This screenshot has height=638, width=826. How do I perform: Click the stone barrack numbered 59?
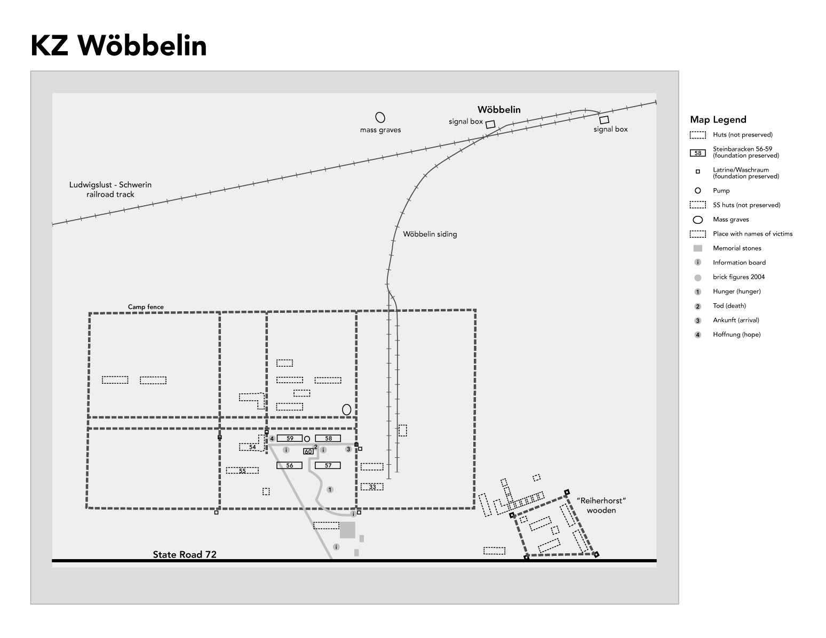(x=290, y=439)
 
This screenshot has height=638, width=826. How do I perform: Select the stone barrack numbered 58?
(x=328, y=439)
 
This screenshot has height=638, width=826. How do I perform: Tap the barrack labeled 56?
(x=290, y=465)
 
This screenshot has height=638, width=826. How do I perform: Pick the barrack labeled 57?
(x=328, y=465)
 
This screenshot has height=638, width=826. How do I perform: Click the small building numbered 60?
(x=308, y=451)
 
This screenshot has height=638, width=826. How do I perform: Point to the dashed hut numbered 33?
(x=372, y=487)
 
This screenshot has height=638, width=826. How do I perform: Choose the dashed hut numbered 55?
(x=242, y=471)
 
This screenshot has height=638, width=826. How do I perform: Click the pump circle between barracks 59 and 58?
(x=307, y=439)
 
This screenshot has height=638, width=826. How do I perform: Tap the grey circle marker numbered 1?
(x=330, y=490)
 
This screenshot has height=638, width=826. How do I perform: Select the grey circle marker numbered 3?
(x=348, y=449)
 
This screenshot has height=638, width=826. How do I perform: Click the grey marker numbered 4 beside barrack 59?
(x=272, y=439)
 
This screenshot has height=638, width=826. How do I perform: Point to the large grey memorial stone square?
(x=347, y=530)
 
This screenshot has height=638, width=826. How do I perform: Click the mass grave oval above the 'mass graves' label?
(x=380, y=117)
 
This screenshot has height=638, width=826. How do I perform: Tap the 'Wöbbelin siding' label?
(x=430, y=234)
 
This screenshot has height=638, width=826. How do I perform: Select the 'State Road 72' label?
(x=185, y=554)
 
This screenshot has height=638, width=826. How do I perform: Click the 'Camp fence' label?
(x=146, y=307)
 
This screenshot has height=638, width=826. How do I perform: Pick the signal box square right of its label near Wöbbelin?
(x=490, y=124)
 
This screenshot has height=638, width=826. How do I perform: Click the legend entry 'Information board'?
(x=739, y=263)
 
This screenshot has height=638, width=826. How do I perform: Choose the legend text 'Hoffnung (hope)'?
(x=736, y=335)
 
